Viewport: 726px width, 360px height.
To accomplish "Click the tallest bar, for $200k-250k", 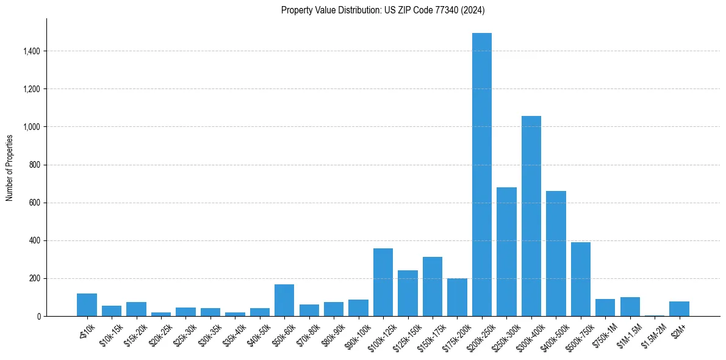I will pos(482,175).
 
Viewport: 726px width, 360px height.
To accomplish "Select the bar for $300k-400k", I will pos(531,216).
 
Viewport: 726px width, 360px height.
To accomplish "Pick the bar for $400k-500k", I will pos(556,253).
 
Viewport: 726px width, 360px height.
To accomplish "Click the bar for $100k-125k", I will pos(383,282).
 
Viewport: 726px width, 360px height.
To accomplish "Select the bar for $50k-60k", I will pos(284,300).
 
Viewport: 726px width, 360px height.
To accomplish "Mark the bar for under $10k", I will pos(87,304).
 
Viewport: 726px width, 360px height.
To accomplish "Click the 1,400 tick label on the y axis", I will pos(31,51).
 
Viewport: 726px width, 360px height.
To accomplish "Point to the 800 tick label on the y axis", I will pos(34,165).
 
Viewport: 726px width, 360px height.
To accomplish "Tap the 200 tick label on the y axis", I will pos(34,278).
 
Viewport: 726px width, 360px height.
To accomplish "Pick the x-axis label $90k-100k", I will pos(357,334).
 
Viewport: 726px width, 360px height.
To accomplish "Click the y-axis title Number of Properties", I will pos(10,167).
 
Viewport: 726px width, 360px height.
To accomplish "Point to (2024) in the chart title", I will pos(473,10).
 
